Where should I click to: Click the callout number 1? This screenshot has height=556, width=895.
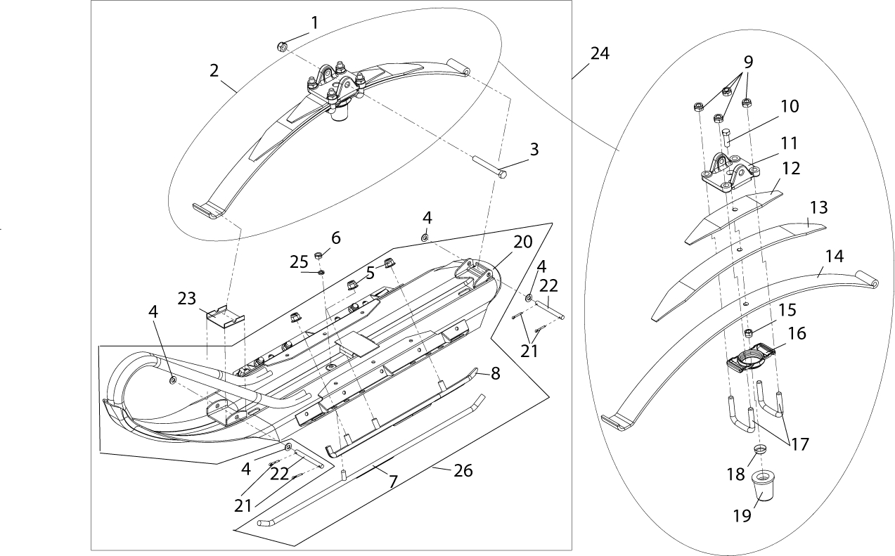click(x=314, y=22)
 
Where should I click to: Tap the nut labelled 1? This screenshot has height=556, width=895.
click(x=281, y=47)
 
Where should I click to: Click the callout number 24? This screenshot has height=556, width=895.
click(x=600, y=54)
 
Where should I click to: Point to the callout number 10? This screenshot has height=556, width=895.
click(x=789, y=106)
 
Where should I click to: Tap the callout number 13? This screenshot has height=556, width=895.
click(x=819, y=209)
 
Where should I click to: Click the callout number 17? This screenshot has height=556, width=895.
click(x=799, y=444)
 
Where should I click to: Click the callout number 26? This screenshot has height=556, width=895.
click(x=463, y=471)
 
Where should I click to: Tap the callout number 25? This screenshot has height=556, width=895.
click(x=300, y=261)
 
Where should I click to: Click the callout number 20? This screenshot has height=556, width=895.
click(x=522, y=243)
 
